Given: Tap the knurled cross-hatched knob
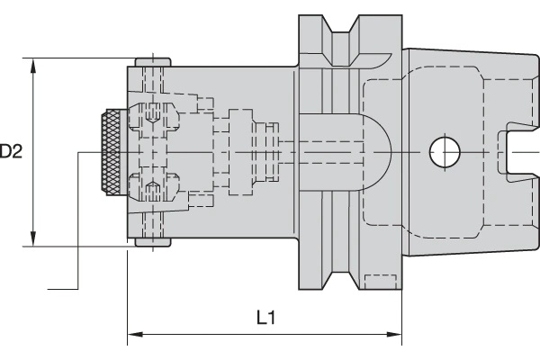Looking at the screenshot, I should pos(113,153).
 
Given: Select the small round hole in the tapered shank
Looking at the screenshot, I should pos(444,152).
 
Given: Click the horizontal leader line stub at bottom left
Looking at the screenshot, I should pos(63,290).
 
